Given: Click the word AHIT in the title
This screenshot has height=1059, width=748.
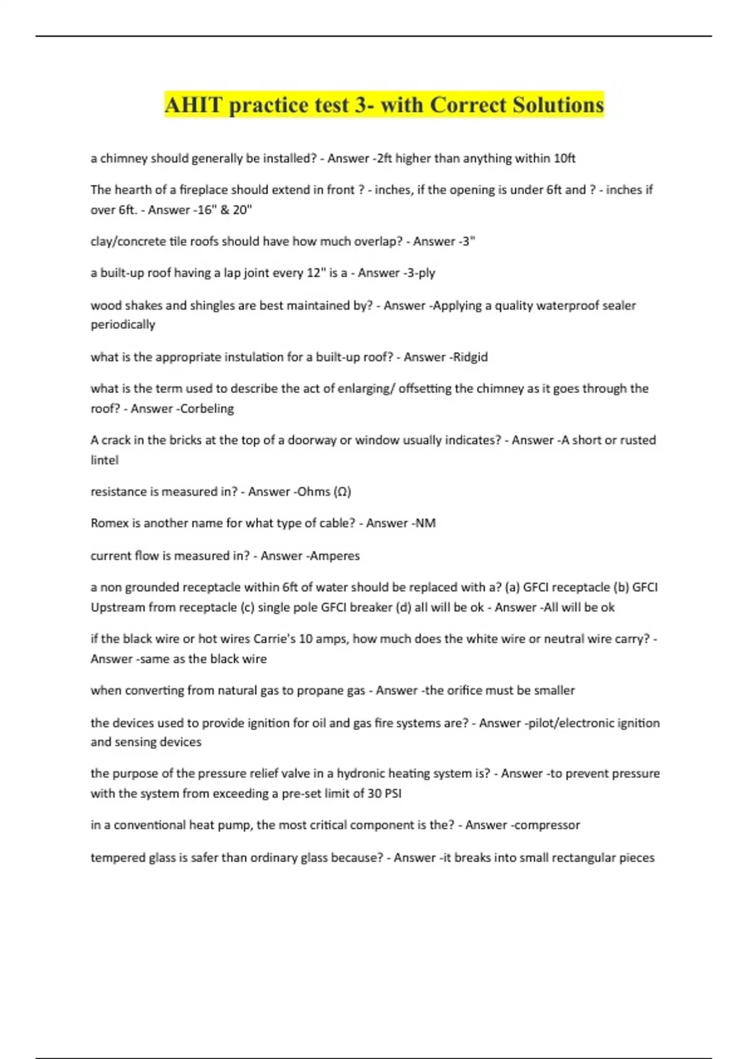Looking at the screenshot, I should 193,105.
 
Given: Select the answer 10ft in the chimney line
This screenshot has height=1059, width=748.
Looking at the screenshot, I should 564,158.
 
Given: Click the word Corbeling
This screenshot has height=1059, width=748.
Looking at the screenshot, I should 207,409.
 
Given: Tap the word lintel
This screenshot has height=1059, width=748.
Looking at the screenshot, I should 104,460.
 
